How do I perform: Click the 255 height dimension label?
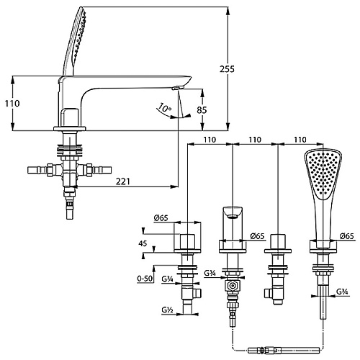coord(227,69)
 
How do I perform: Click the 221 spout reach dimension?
coord(122,181)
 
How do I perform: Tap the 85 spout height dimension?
coord(202,110)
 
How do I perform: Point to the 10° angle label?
coord(164,108)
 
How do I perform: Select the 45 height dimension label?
coord(143,243)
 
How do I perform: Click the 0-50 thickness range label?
coord(145,279)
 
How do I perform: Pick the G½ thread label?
coord(168,310)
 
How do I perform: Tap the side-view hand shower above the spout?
coord(74,41)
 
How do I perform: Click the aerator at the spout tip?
coord(178,88)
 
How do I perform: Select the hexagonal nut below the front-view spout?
coord(233,286)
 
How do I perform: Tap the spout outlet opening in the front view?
coord(232,217)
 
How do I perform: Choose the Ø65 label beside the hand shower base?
coord(347,236)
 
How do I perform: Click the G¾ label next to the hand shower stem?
coord(342,292)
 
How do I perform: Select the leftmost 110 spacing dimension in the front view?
coord(210,140)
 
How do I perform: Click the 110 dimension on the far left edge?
coord(12,104)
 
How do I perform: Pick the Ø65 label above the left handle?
coord(161,218)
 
